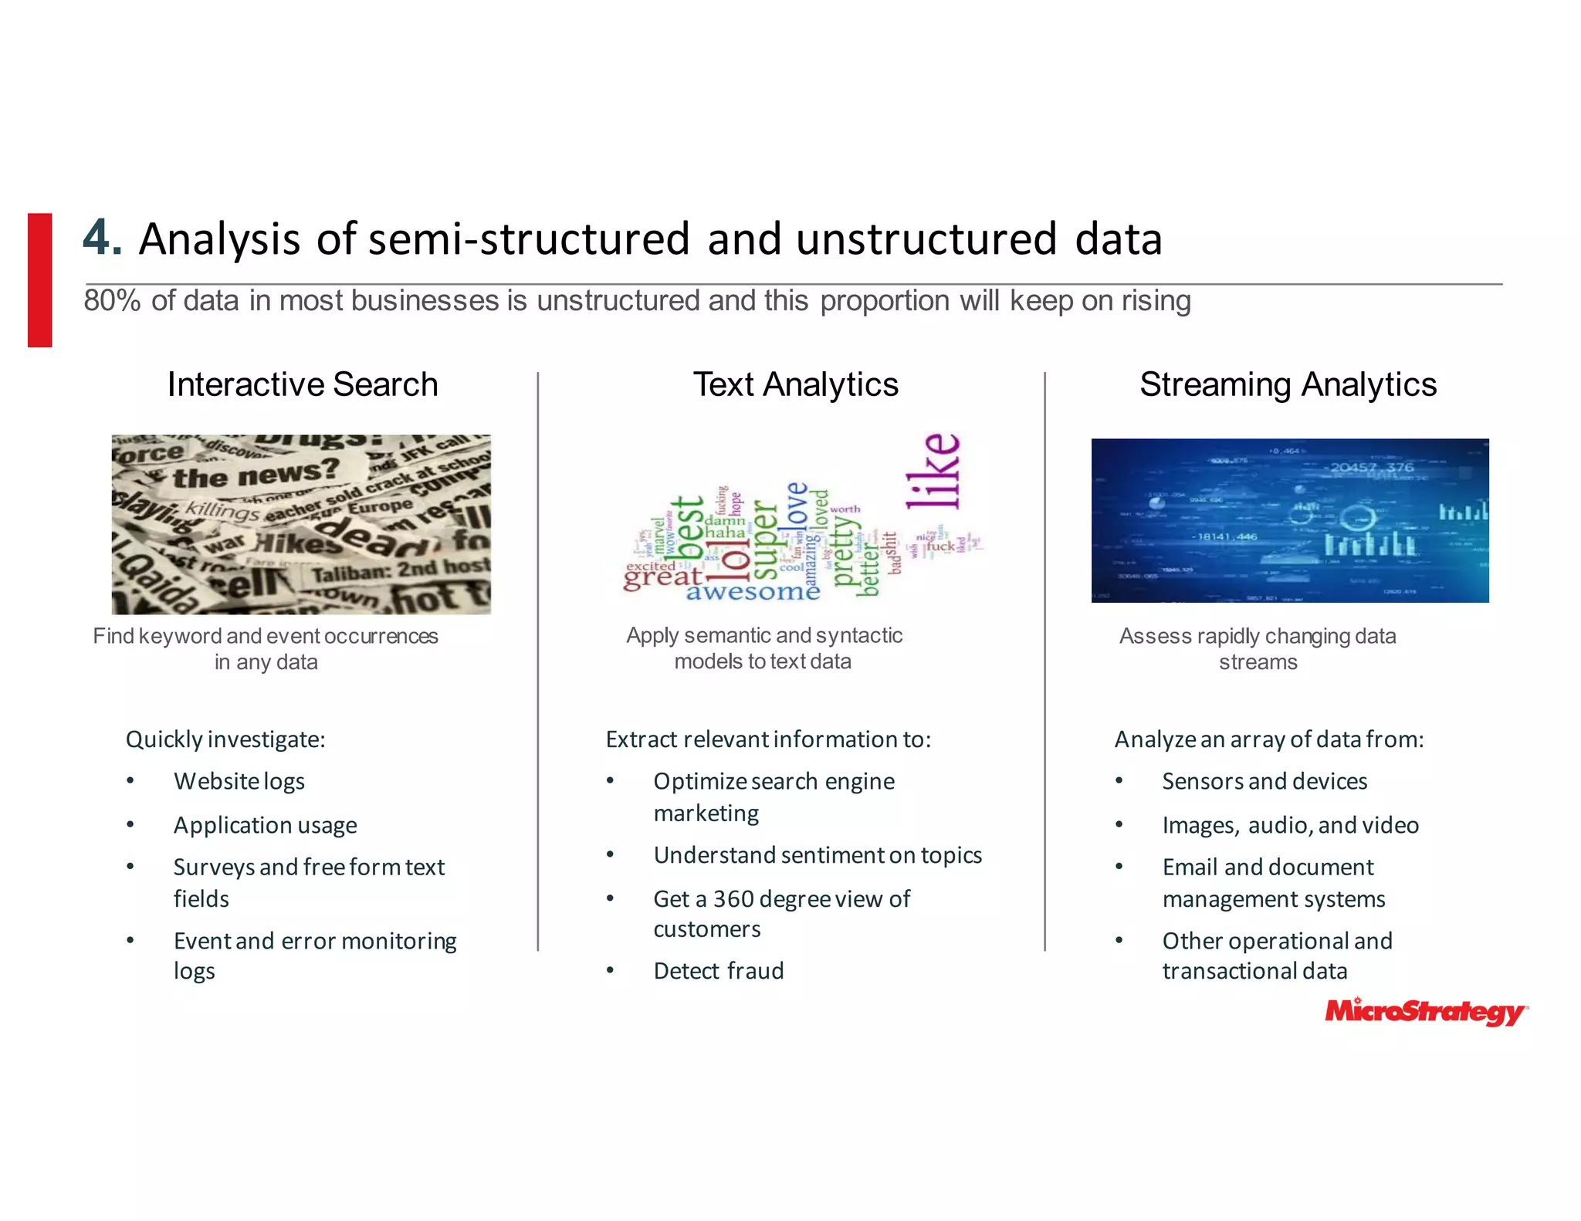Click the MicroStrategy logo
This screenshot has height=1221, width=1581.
pos(1425,1012)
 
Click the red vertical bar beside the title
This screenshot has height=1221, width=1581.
pos(40,279)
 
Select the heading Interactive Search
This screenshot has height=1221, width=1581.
pos(303,384)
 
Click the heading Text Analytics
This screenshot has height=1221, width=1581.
pos(795,384)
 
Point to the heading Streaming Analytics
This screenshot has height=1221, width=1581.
pos(1288,384)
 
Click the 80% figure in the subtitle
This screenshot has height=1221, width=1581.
pos(112,301)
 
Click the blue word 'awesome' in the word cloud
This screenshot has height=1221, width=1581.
pos(752,592)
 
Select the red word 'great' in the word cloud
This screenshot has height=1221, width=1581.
pos(662,577)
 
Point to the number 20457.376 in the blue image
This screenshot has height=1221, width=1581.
pos(1371,467)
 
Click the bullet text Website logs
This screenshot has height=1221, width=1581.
pos(239,781)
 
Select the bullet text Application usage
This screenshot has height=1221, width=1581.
pos(265,825)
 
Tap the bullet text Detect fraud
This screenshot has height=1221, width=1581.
pos(718,971)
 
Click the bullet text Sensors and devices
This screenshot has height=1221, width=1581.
pos(1264,781)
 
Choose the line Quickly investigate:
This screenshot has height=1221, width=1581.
pos(225,739)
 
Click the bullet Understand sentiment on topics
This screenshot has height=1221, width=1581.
pos(817,855)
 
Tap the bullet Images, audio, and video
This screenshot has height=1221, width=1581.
pos(1290,825)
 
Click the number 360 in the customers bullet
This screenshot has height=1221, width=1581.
pos(733,899)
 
